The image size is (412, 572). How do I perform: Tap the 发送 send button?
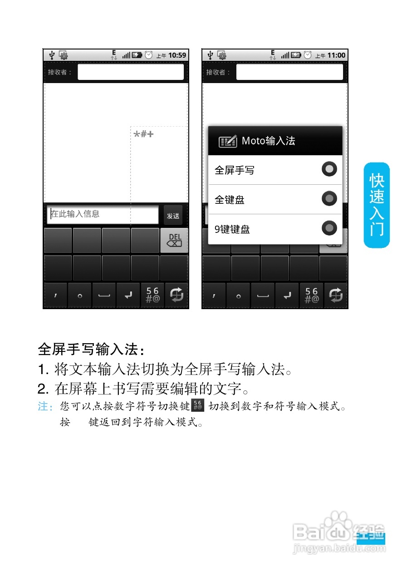coord(173,216)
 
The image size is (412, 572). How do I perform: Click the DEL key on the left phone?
coord(174,241)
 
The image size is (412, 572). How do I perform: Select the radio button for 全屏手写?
coord(329,169)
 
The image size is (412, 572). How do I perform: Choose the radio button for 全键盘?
coord(329,199)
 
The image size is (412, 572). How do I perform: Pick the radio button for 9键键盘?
coord(329,228)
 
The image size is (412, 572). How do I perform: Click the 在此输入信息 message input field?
coord(103,214)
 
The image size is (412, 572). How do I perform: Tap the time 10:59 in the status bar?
coord(177,55)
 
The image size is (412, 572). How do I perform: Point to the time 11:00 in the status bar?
coord(336,55)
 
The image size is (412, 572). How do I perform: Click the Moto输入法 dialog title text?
coord(268,141)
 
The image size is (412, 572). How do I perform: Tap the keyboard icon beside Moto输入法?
coord(228,141)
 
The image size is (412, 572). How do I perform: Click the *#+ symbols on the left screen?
coord(144,134)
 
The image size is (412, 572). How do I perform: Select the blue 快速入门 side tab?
coord(377,205)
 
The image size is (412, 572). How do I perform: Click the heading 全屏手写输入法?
coord(91,350)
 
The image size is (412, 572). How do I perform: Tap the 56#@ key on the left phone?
coord(152,296)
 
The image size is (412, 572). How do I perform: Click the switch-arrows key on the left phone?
coord(177,296)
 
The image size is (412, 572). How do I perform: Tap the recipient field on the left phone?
coord(131,72)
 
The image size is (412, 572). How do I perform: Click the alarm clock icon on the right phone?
coord(308,55)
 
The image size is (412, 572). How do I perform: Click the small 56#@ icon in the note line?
coord(198,405)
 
